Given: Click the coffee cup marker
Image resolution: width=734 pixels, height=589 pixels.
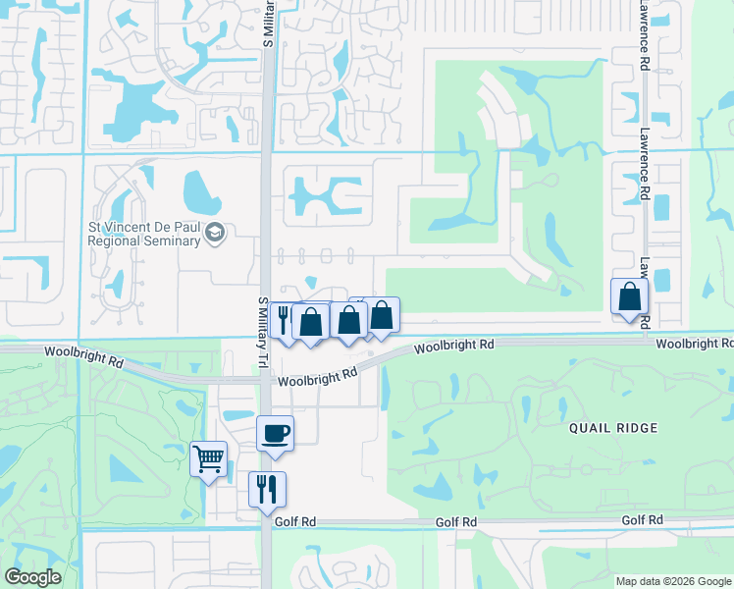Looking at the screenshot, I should coord(275,433).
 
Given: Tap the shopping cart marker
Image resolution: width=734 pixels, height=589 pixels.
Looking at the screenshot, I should coord(208,458).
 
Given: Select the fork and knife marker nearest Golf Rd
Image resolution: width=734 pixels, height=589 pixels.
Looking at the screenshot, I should coord(267,488).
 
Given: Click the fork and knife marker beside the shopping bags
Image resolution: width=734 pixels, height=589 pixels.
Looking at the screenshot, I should coord(284,321).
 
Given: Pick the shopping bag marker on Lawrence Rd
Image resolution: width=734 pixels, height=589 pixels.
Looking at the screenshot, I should coord(629,295).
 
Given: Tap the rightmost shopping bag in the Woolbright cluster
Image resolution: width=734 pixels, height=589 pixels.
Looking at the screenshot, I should coord(382,314).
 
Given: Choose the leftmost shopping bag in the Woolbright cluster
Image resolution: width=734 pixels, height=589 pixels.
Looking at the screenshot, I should coord(311,321).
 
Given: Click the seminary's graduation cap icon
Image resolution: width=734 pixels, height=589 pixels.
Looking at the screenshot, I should coord(215,234).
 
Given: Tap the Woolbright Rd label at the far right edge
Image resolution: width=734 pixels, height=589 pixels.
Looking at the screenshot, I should coord(695,344).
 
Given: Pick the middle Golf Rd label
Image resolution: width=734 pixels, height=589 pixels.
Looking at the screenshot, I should coord(456,521).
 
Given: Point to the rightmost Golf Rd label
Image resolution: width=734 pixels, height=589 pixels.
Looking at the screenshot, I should coord(642,519).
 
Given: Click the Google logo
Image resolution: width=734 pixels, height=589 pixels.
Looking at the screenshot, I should coord(32,577).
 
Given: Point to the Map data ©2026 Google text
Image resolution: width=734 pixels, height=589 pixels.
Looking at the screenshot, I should coord(672,581).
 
